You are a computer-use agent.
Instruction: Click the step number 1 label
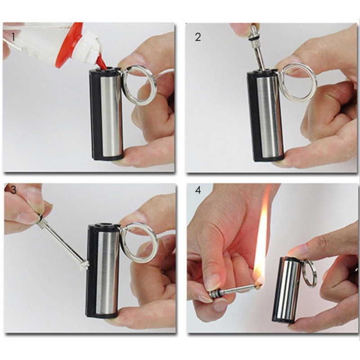[13, 37]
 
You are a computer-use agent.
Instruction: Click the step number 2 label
[198, 37]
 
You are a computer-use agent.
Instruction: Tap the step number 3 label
[13, 190]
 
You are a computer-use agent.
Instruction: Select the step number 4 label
[198, 190]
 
